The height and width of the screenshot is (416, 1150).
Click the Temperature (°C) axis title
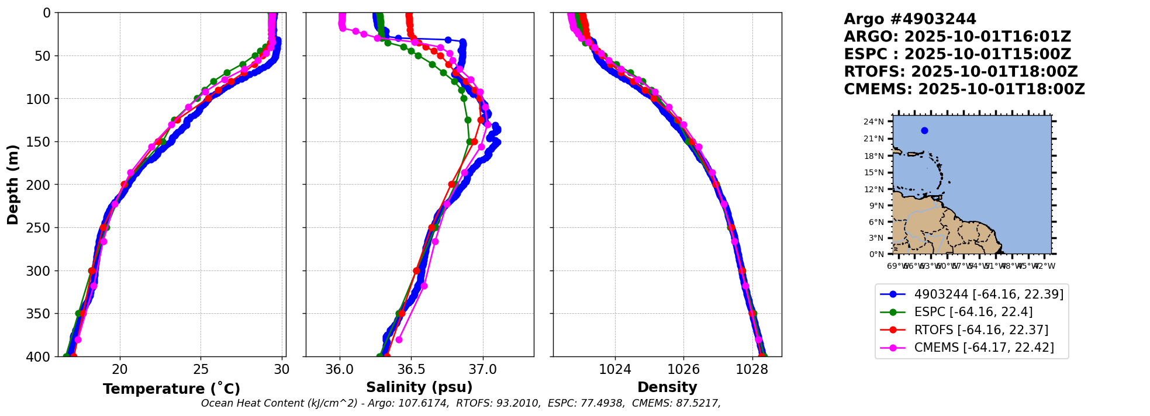click(171, 389)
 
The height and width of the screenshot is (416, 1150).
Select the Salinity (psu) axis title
click(419, 387)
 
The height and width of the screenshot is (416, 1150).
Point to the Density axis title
click(667, 387)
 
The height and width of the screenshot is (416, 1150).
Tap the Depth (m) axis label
click(13, 185)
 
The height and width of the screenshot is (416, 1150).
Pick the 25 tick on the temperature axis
click(201, 369)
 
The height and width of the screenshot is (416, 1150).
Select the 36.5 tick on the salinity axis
click(411, 369)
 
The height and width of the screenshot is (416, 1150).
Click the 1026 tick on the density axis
click(683, 369)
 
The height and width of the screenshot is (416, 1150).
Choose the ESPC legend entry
click(973, 312)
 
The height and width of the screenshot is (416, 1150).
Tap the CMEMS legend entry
click(983, 348)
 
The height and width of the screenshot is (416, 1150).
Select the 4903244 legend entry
click(988, 294)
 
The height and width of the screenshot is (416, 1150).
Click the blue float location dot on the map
click(924, 130)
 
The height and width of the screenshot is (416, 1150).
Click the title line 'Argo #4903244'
click(910, 19)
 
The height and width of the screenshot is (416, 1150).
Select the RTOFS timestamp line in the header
click(961, 72)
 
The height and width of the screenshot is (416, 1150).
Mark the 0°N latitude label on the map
click(876, 254)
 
